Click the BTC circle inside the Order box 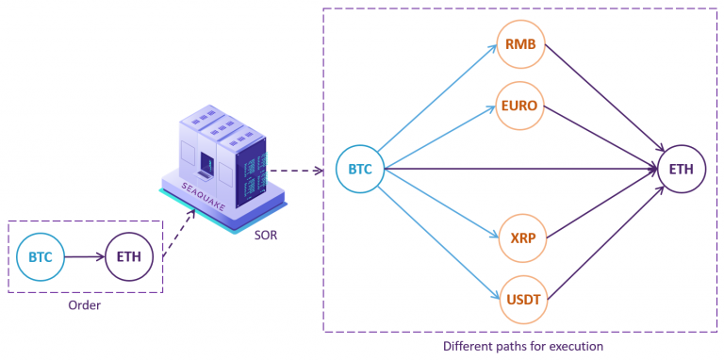coord(41,255)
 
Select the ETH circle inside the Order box coord(129,255)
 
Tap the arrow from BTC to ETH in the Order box coord(85,255)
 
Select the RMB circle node coord(520,43)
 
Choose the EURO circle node coord(520,106)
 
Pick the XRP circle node coord(520,236)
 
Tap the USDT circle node coord(520,298)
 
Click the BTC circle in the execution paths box coord(360,170)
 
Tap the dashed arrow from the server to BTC coord(302,171)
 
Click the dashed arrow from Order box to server coord(179,233)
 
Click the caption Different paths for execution coord(523,346)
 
